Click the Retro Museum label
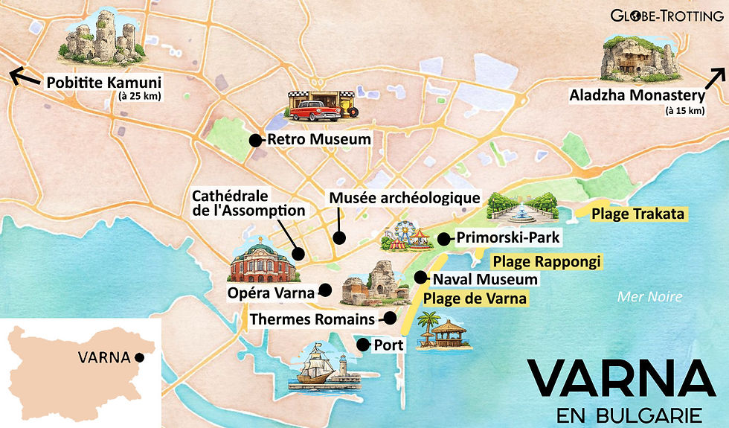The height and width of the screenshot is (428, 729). (x=318, y=139)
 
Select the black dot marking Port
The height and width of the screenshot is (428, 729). (x=362, y=345)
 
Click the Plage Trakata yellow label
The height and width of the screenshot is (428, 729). (x=638, y=214)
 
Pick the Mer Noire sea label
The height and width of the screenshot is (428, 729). (x=649, y=297)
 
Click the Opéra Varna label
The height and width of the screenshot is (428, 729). (x=271, y=292)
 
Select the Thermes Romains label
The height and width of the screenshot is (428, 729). (x=312, y=319)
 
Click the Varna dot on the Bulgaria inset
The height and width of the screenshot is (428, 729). (x=140, y=357)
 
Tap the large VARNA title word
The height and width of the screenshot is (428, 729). (x=620, y=380)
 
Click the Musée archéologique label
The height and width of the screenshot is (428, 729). (x=405, y=199)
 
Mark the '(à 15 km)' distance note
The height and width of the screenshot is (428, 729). (x=684, y=111)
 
